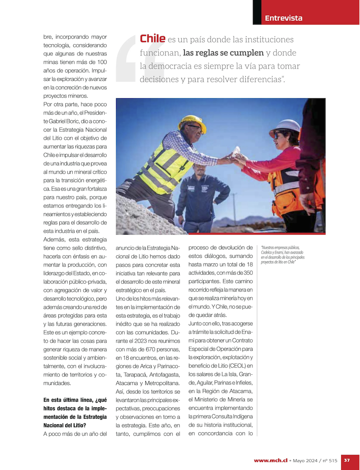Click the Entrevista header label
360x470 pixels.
point(283,18)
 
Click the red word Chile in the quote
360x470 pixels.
point(152,39)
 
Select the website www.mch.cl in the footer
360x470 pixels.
point(271,460)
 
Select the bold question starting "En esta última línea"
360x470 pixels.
point(75,412)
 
